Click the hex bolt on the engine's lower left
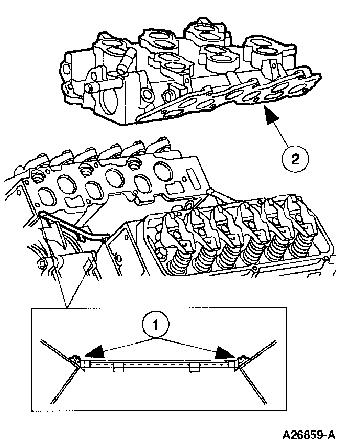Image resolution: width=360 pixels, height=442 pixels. tap(42, 262)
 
